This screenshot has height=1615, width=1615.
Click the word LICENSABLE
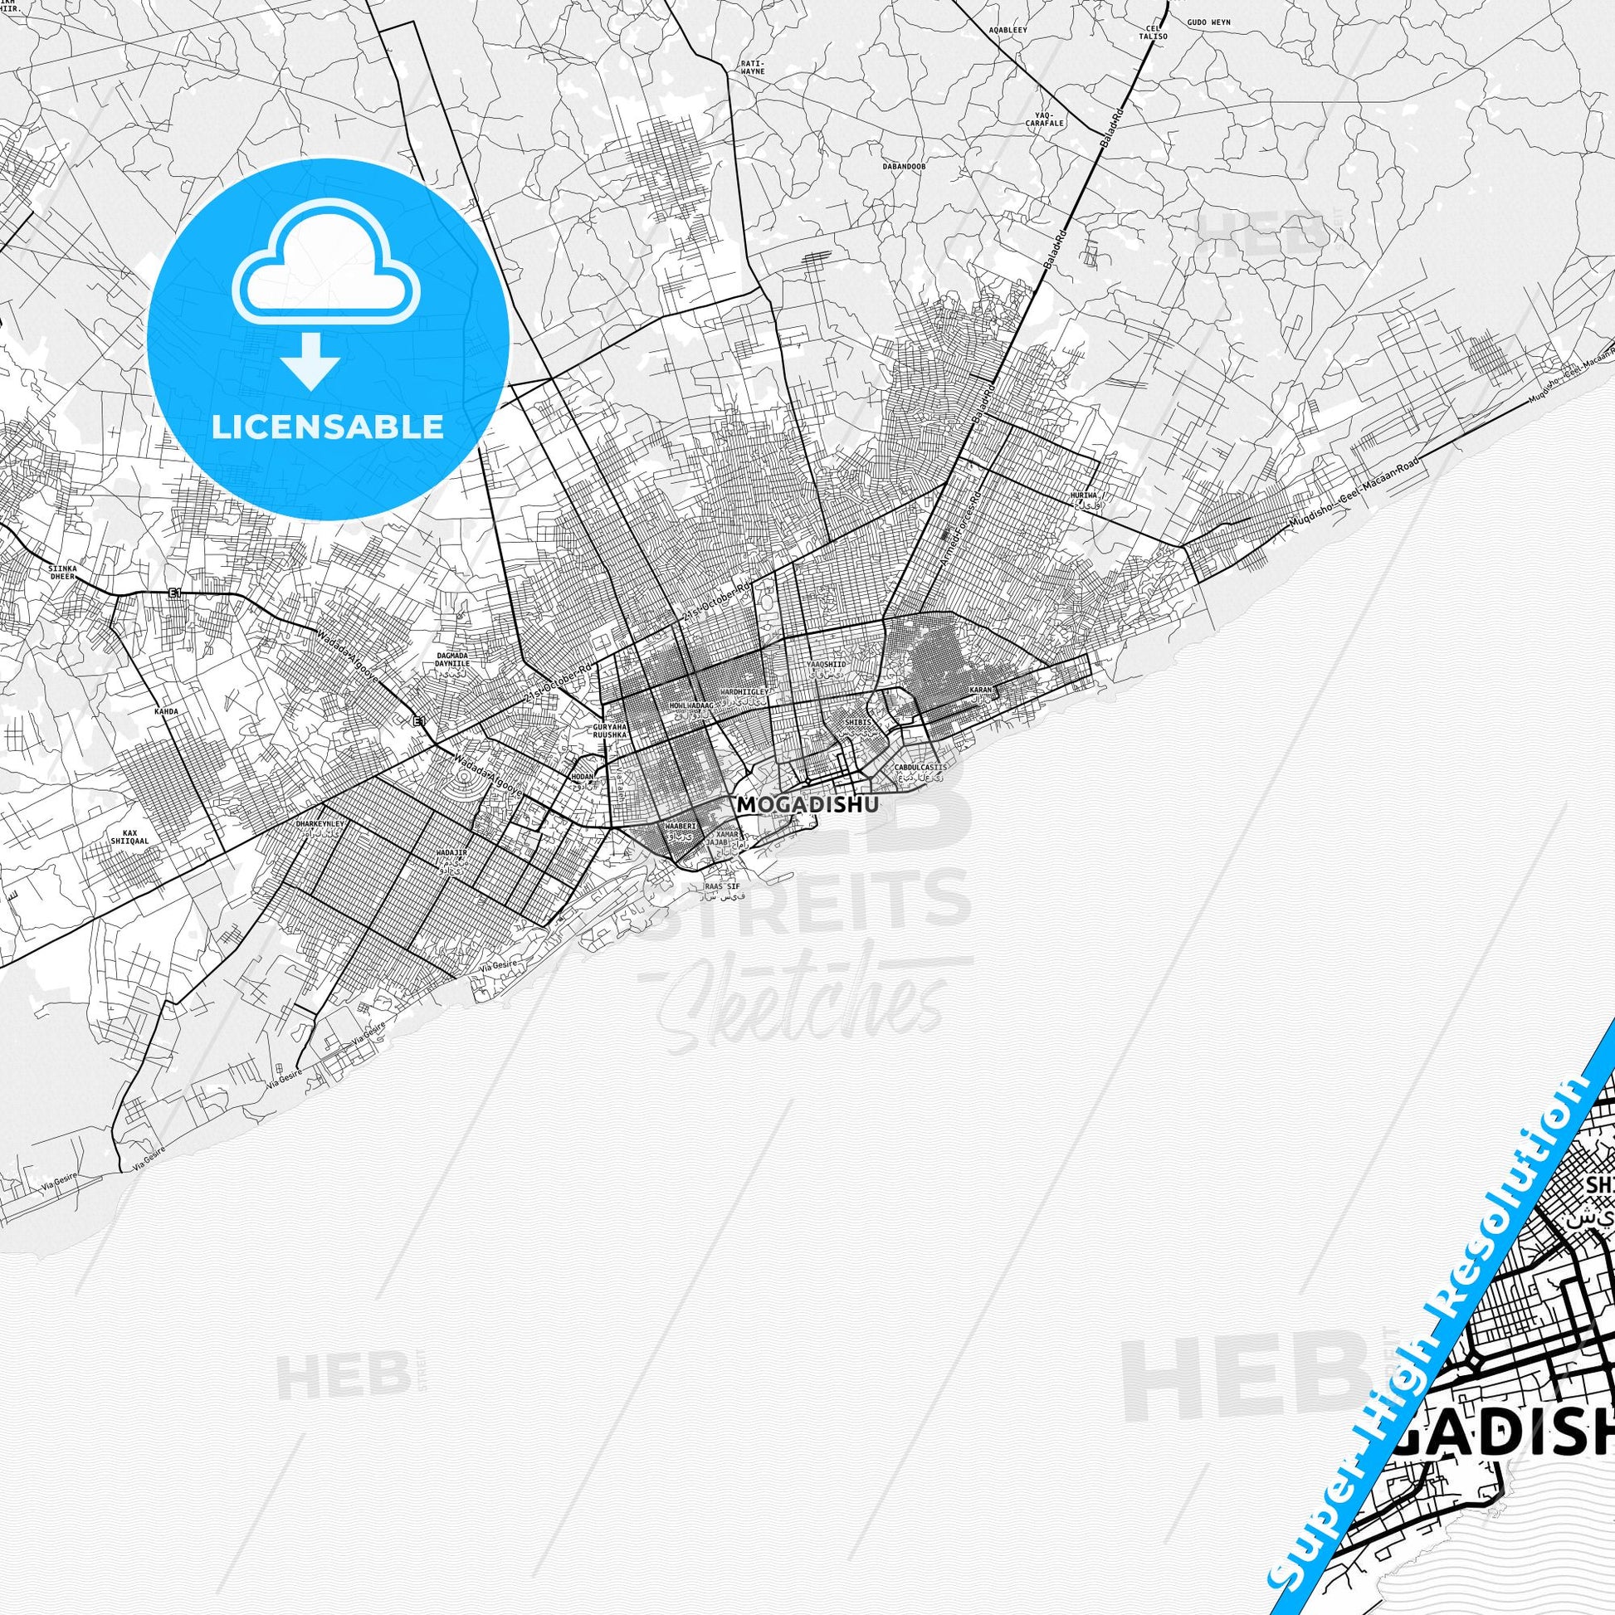pyautogui.click(x=328, y=427)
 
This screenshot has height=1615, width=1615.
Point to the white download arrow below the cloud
pyautogui.click(x=311, y=359)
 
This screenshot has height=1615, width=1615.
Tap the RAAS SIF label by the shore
pyautogui.click(x=723, y=886)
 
